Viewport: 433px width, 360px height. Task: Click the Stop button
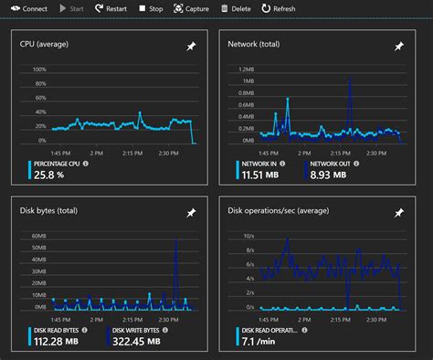click(151, 8)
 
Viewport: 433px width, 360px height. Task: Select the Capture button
click(191, 8)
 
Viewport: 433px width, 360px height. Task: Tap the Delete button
click(236, 8)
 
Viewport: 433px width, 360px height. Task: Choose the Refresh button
click(279, 8)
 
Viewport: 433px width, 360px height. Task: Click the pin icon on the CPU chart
click(191, 46)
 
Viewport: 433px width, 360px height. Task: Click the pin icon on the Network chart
click(399, 46)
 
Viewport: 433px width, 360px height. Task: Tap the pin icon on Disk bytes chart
click(191, 212)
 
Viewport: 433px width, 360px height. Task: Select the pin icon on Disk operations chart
click(399, 212)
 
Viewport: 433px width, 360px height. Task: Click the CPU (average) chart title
click(45, 44)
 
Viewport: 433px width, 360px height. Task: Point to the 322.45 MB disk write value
click(133, 342)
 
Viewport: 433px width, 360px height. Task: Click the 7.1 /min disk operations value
click(261, 342)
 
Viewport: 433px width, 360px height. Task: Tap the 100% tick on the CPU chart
click(40, 69)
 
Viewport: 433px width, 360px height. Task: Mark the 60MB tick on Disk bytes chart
click(38, 236)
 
